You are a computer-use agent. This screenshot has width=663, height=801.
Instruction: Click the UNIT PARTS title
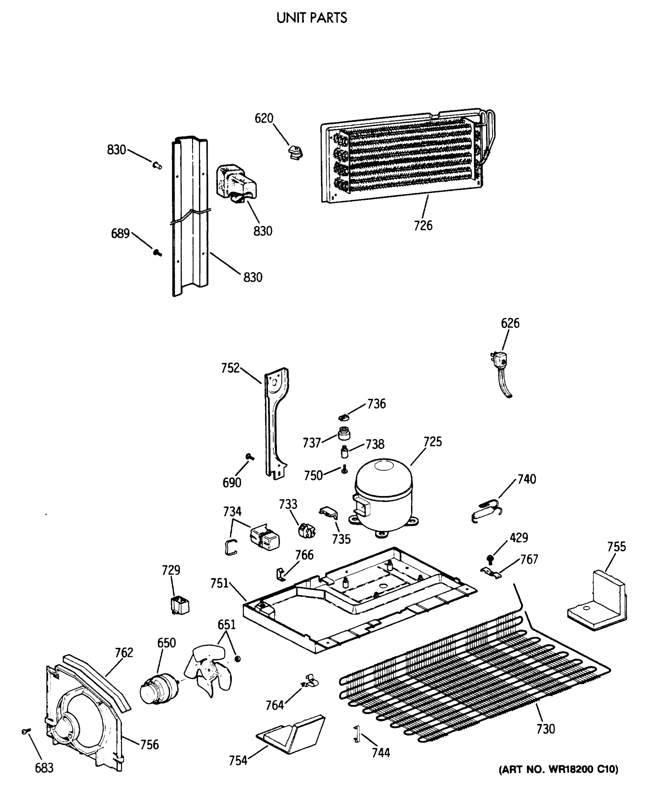pyautogui.click(x=312, y=18)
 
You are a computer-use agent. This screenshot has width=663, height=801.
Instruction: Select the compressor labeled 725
pyautogui.click(x=383, y=496)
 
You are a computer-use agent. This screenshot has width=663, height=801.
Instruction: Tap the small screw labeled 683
pyautogui.click(x=26, y=731)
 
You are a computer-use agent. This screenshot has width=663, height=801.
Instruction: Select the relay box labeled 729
pyautogui.click(x=180, y=605)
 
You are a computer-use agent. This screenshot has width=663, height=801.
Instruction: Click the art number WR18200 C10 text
pyautogui.click(x=559, y=769)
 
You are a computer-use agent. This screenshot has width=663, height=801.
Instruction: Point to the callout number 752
pyautogui.click(x=230, y=368)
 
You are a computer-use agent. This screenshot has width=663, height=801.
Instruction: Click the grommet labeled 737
pyautogui.click(x=344, y=434)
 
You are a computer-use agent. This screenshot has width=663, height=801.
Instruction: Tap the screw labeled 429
pyautogui.click(x=490, y=560)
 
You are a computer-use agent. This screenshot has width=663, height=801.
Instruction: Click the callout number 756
pyautogui.click(x=149, y=744)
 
